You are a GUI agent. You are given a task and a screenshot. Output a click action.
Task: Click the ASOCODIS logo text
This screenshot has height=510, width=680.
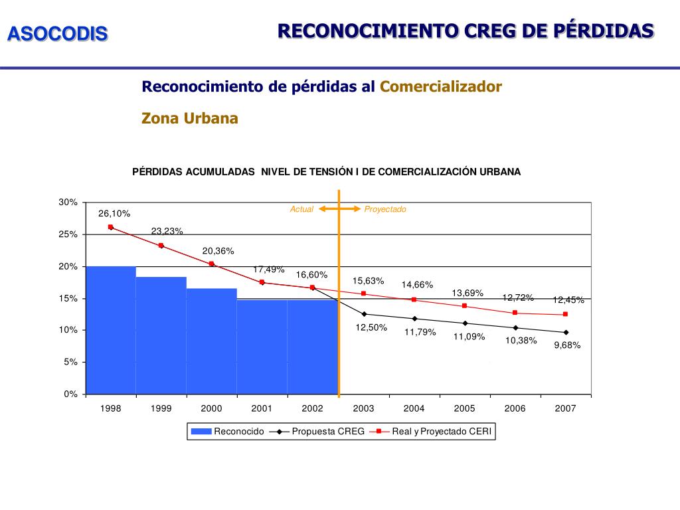click(x=57, y=34)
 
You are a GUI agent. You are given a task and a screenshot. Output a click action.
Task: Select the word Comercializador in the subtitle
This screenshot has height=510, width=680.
click(x=441, y=87)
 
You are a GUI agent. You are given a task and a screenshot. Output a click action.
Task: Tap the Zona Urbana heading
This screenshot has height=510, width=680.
click(x=190, y=118)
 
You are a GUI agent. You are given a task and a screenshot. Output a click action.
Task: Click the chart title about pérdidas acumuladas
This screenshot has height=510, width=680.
click(x=327, y=171)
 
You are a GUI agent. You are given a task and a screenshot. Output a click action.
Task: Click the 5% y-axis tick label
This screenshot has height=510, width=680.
click(x=71, y=362)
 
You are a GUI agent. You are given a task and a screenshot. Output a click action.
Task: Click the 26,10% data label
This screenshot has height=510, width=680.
click(x=114, y=213)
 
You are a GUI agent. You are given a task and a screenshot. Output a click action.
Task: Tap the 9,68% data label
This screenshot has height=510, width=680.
click(x=567, y=345)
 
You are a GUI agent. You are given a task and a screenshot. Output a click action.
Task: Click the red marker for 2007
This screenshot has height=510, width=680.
click(x=565, y=314)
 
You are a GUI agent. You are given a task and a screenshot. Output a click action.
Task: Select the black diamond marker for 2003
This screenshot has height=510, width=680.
click(x=364, y=314)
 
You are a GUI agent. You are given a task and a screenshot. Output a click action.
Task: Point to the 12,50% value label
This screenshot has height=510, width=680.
click(x=372, y=327)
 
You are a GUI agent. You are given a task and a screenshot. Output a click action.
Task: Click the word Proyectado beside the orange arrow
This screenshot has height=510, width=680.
click(x=385, y=209)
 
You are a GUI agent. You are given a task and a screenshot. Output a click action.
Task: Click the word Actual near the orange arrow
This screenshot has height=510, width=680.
click(x=301, y=209)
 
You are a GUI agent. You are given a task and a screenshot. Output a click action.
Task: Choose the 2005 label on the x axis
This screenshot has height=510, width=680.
click(x=464, y=408)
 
